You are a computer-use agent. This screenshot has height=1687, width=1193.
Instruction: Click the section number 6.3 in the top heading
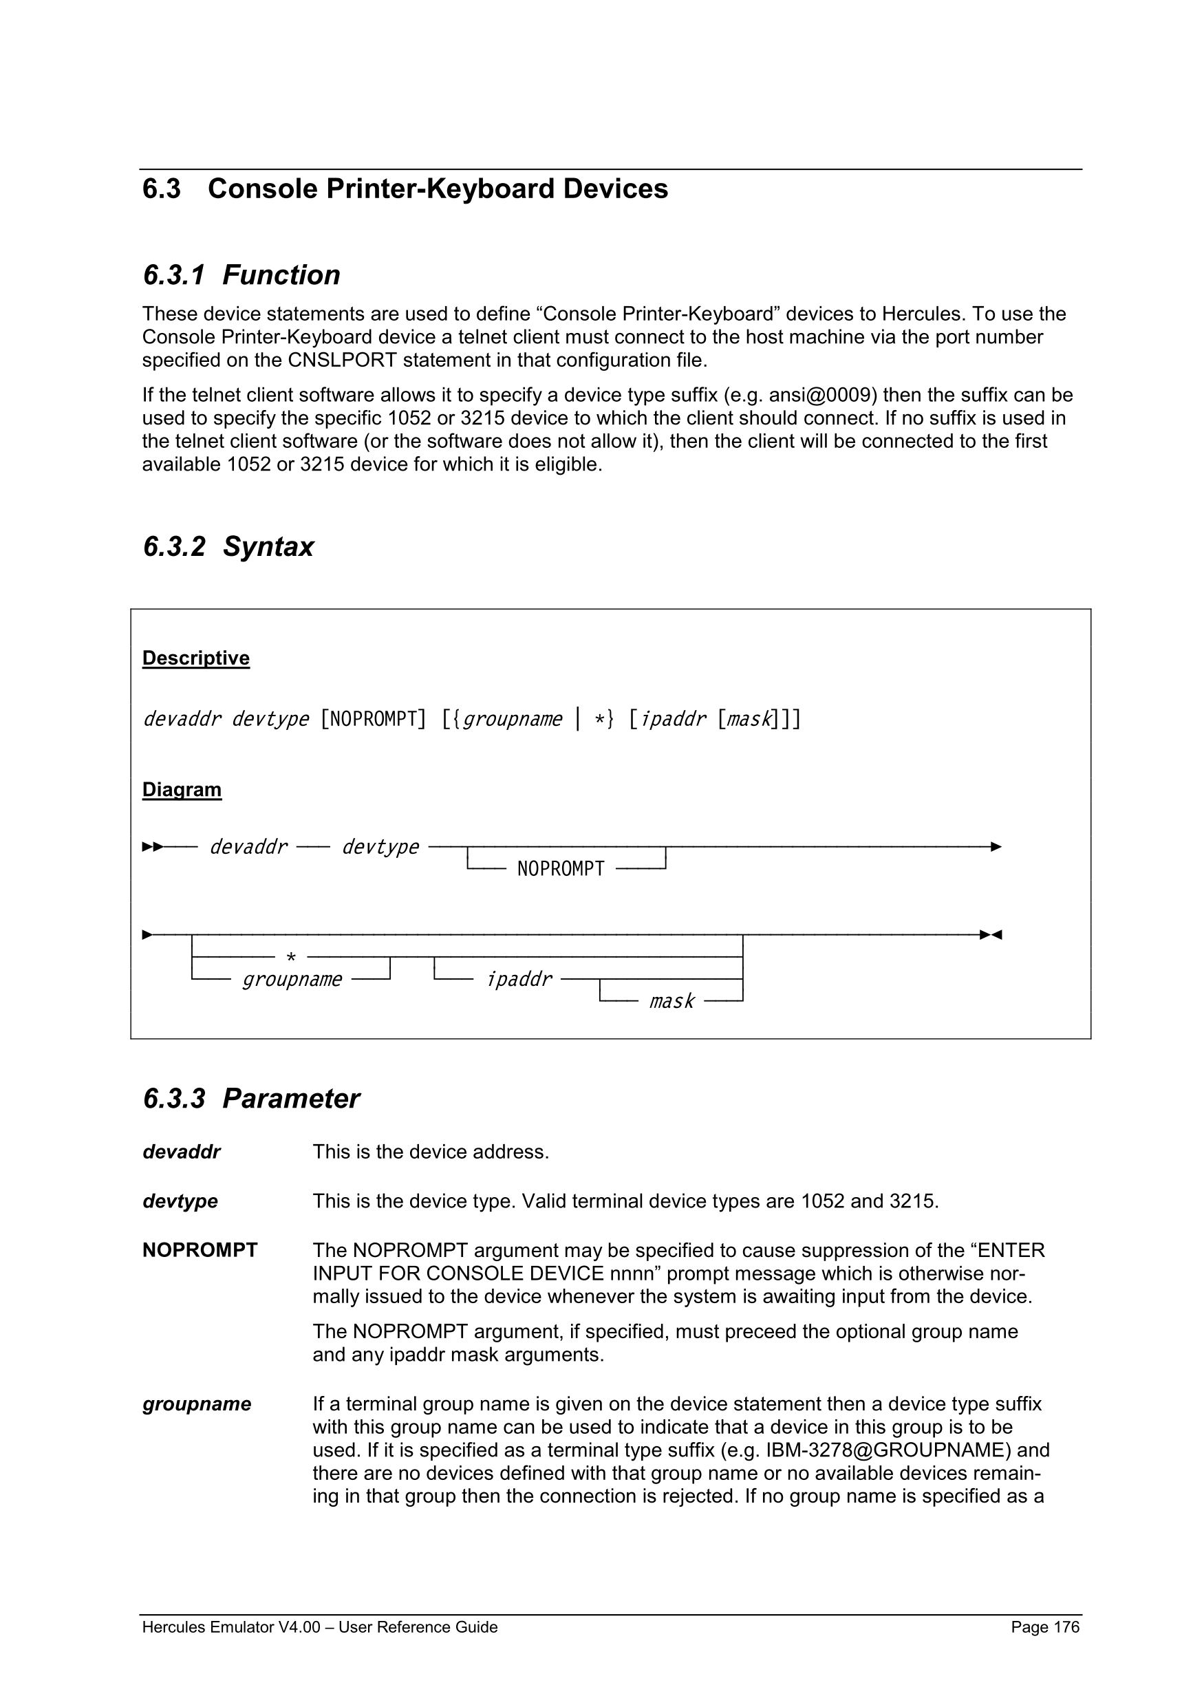(162, 189)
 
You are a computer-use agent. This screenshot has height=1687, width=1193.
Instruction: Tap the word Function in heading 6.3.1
(281, 275)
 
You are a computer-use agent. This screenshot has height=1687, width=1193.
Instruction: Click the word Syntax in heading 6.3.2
(268, 547)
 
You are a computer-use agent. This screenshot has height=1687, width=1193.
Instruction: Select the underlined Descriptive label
(195, 658)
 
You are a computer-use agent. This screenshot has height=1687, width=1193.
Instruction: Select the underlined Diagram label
(182, 789)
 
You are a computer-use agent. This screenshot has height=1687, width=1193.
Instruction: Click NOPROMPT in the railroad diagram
(561, 869)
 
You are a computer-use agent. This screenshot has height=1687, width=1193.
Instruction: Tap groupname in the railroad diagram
(292, 980)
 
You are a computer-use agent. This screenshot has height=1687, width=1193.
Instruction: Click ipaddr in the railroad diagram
(519, 980)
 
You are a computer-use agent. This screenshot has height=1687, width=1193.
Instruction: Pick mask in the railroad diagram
(671, 1002)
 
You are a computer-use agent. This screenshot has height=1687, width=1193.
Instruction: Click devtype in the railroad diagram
(380, 847)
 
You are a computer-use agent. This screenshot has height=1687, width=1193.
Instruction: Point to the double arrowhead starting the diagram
(152, 847)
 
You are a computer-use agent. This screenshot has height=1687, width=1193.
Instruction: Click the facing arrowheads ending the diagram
(991, 934)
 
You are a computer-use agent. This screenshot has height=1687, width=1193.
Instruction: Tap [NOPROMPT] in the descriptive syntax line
(373, 718)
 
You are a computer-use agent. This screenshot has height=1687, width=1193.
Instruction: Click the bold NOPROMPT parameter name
(200, 1251)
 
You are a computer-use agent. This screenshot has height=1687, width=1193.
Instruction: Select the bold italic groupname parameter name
(197, 1404)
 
